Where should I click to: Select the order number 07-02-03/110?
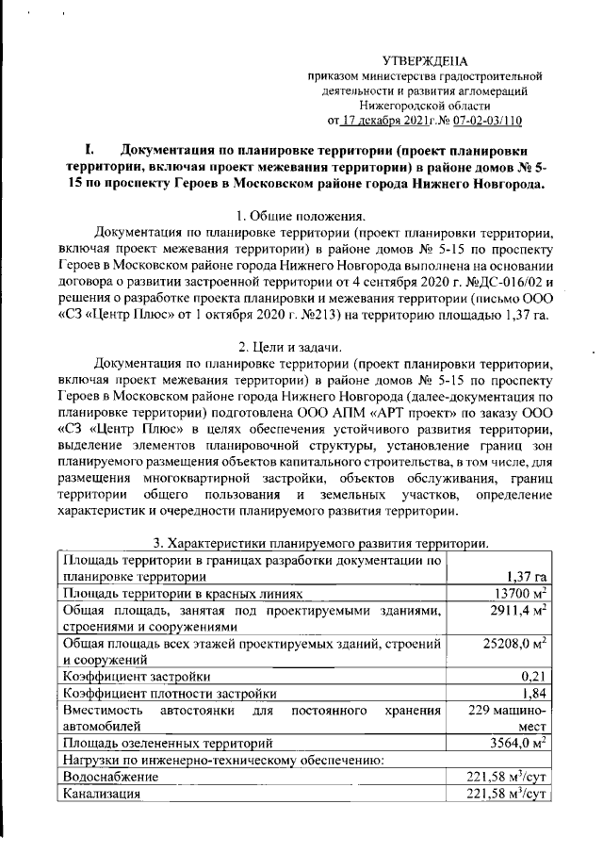click(483, 121)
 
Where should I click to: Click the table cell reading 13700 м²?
click(508, 594)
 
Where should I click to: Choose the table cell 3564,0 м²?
click(508, 743)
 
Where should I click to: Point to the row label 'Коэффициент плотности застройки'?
click(170, 694)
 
